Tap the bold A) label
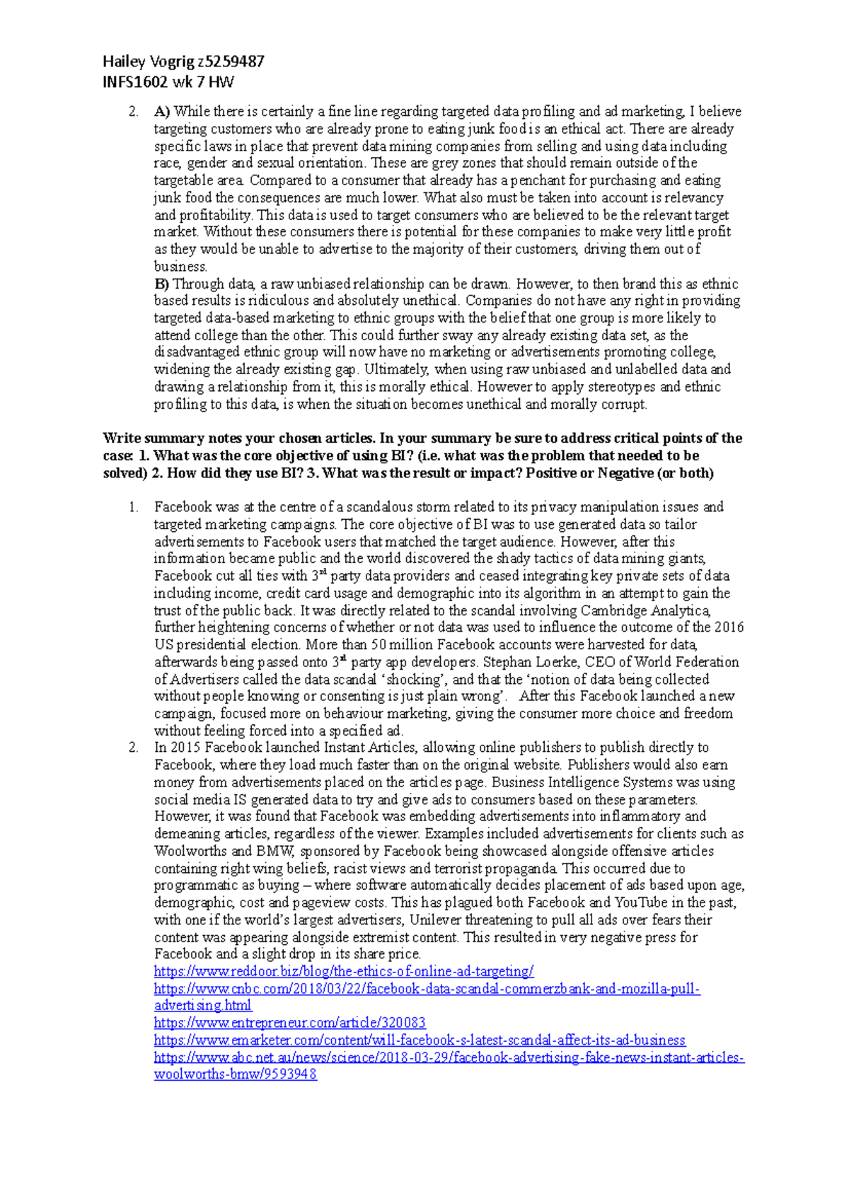[x=162, y=112]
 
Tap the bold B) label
[x=162, y=284]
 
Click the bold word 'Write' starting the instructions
[x=121, y=439]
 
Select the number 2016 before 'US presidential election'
[x=729, y=627]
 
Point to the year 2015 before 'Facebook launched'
[x=186, y=748]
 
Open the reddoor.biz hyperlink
[x=344, y=972]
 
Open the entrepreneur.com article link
[x=289, y=1023]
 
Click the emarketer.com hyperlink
[x=420, y=1040]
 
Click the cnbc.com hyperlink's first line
[x=427, y=989]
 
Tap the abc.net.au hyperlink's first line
[x=449, y=1058]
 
